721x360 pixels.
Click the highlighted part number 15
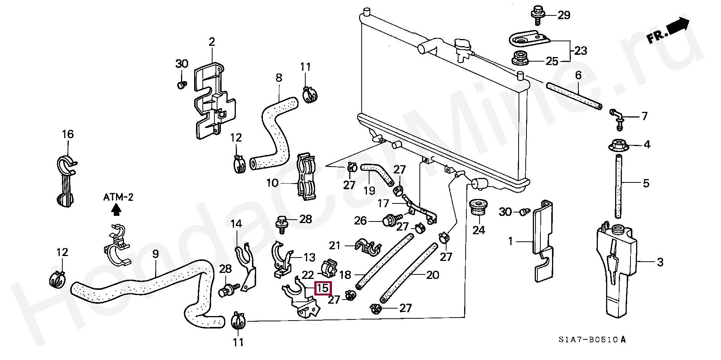[323, 289]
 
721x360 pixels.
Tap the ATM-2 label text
[118, 197]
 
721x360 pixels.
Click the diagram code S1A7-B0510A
[592, 340]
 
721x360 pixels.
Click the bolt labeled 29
[537, 15]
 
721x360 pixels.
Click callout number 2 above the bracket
[212, 42]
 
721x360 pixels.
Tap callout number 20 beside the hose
[432, 275]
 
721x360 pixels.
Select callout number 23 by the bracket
[581, 50]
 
